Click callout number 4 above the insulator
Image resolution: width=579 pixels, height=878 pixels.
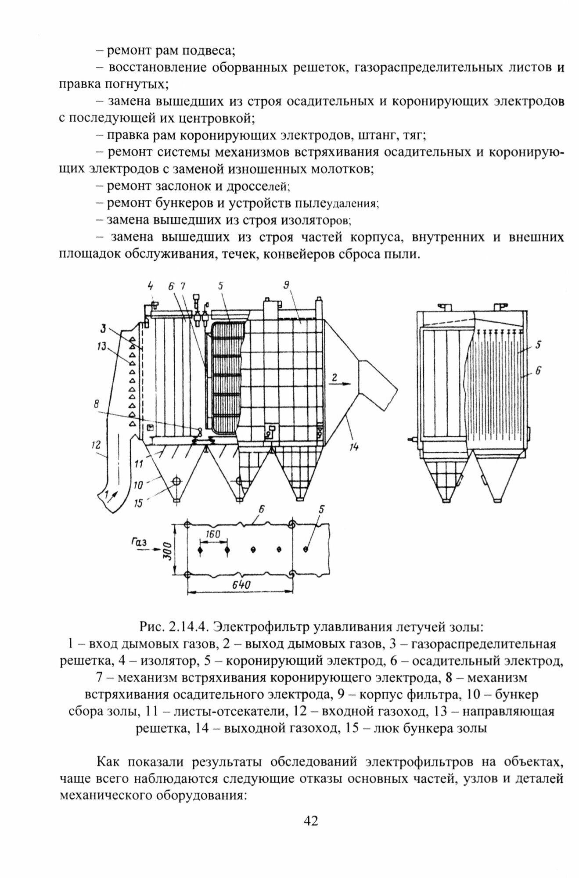click(151, 287)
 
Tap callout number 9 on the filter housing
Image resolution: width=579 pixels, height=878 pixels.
click(285, 286)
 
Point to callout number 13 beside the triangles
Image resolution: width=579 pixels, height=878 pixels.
click(102, 348)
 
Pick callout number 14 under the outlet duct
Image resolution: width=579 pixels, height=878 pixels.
click(354, 447)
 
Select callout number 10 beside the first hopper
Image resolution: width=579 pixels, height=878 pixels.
click(138, 485)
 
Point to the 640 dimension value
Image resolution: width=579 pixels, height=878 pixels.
click(241, 585)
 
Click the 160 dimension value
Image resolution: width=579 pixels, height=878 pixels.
click(212, 534)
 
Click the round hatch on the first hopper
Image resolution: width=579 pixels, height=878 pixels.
click(176, 481)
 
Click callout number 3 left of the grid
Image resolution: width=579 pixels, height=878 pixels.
click(102, 328)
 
